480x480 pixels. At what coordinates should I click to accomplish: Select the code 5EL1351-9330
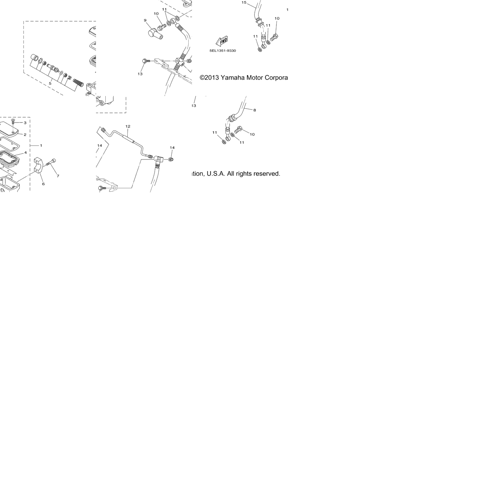pos(222,50)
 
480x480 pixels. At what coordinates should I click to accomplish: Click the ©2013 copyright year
pos(209,78)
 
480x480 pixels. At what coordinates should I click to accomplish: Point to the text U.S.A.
pos(216,174)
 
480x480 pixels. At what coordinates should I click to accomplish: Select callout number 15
pos(244,3)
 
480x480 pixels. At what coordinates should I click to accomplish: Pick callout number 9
pos(145,21)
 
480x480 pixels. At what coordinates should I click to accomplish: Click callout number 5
pos(50,83)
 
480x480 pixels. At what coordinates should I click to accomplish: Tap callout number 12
pos(128,126)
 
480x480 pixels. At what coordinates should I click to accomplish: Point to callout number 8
pos(255,110)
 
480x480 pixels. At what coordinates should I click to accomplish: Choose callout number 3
pos(25,123)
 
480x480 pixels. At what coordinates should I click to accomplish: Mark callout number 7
pos(58,176)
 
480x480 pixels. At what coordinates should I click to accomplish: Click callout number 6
pos(43,184)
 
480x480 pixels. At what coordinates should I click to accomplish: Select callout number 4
pos(25,152)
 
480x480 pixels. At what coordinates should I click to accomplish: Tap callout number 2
pos(25,135)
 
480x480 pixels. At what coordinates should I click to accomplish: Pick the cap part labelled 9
pos(156,34)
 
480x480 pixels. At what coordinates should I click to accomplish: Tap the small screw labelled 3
pos(13,121)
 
